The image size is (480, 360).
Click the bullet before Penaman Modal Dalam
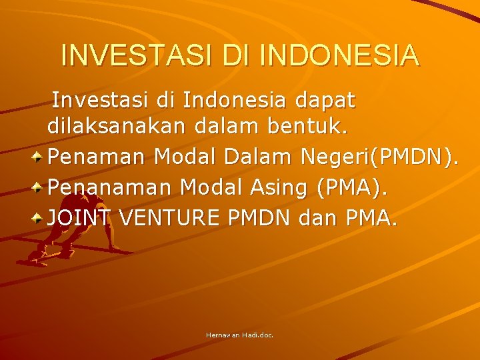(39, 157)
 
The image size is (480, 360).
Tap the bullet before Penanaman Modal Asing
(39, 187)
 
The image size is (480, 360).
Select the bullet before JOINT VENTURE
(39, 217)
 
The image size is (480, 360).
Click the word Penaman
(98, 157)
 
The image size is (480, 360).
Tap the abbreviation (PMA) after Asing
(353, 187)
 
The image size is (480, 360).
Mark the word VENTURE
(164, 217)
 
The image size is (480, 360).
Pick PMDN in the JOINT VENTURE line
(259, 217)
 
